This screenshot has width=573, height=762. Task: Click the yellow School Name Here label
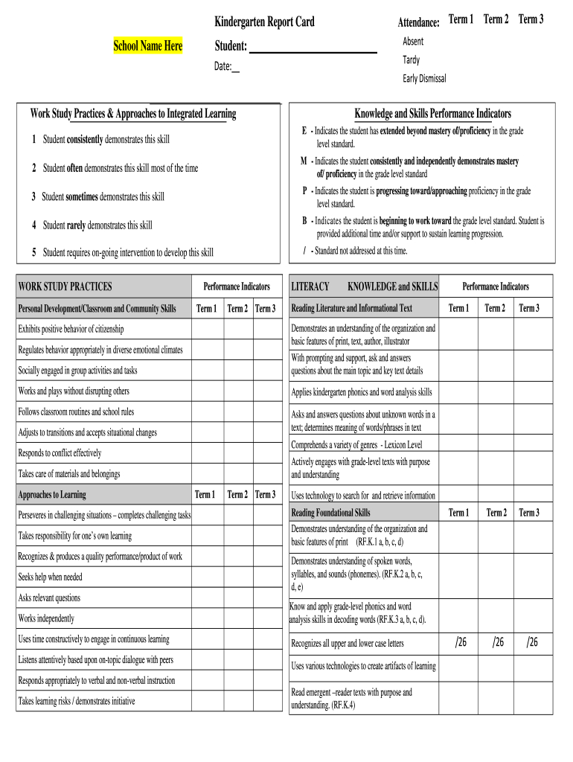pyautogui.click(x=147, y=46)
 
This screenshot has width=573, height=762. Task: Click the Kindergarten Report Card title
pyautogui.click(x=264, y=22)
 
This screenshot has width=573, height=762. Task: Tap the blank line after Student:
pyautogui.click(x=313, y=48)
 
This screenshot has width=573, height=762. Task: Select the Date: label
pyautogui.click(x=223, y=67)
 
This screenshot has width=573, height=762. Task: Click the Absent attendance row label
pyautogui.click(x=413, y=41)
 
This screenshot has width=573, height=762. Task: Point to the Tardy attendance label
pyautogui.click(x=411, y=60)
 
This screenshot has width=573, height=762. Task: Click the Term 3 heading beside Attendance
pyautogui.click(x=531, y=19)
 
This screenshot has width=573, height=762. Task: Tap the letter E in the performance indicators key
pyautogui.click(x=304, y=131)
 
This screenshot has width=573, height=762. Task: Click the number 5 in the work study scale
pyautogui.click(x=34, y=252)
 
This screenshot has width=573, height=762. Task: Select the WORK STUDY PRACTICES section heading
pyautogui.click(x=65, y=286)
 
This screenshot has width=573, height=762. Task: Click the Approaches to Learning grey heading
pyautogui.click(x=51, y=495)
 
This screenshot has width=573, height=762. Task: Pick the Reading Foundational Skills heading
pyautogui.click(x=330, y=513)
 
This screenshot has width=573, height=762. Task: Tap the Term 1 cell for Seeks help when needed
pyautogui.click(x=206, y=577)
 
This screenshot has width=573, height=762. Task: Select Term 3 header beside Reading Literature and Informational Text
pyautogui.click(x=528, y=308)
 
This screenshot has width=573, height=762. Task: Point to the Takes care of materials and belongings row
pyautogui.click(x=68, y=473)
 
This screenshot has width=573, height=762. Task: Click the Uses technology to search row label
pyautogui.click(x=363, y=496)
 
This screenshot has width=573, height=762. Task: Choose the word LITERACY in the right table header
pyautogui.click(x=310, y=286)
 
